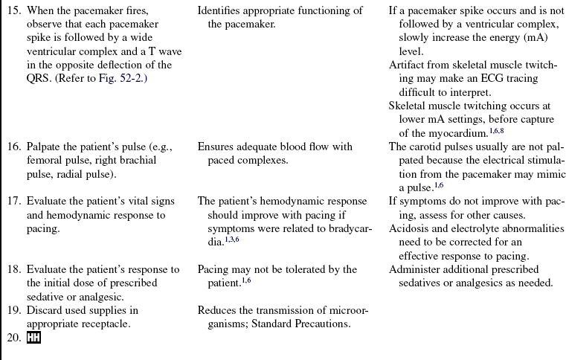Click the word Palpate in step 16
pos(46,147)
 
